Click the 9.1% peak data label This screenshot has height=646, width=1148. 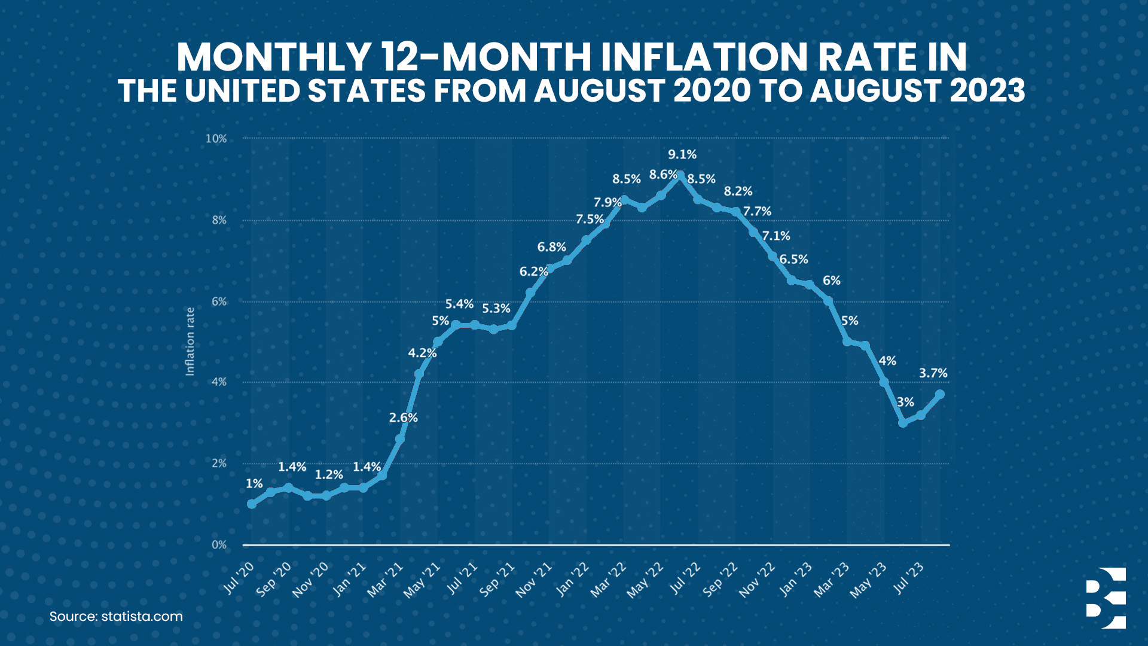point(682,154)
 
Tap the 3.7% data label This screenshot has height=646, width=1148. point(933,373)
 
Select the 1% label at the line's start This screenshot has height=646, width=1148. point(254,483)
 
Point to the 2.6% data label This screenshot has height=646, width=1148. point(403,418)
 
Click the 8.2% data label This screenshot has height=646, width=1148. point(738,191)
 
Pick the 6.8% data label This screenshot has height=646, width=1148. point(551,247)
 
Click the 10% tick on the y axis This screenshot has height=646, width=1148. point(216,139)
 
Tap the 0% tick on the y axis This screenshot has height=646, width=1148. point(219,545)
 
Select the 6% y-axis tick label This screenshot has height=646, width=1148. point(219,301)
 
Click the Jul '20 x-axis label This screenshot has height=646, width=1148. point(239,578)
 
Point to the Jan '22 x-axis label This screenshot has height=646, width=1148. point(573,580)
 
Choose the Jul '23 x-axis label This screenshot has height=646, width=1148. point(909,578)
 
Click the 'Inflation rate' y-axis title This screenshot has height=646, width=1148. point(190,342)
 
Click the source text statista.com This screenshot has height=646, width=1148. point(142,617)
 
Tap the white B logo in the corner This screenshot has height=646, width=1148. point(1106,598)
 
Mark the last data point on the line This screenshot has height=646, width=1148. point(939,394)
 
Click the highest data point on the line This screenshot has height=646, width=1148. point(680,175)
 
